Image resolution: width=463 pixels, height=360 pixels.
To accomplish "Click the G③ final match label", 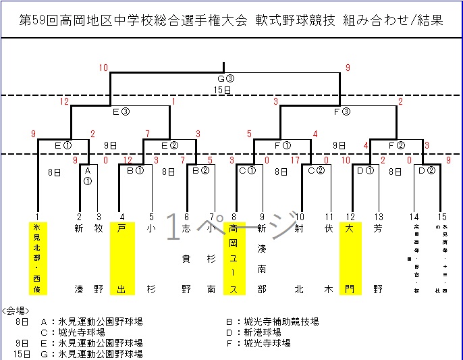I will point(225,78).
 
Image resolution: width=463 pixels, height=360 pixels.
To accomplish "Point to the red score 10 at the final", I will point(103,68).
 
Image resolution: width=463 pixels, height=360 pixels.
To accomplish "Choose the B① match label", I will point(136,171).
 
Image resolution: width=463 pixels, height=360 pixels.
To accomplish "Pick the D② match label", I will point(426,171).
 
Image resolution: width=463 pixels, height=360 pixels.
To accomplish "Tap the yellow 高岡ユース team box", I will point(234,259).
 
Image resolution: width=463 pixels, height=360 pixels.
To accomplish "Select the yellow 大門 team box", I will point(350,259).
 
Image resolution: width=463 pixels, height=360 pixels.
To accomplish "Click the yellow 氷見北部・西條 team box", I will point(38,259).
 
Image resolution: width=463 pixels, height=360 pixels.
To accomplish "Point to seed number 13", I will point(379,217).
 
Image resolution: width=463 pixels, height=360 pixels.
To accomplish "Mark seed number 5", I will point(151,217).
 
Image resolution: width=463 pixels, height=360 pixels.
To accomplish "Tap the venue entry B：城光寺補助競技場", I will point(272,322).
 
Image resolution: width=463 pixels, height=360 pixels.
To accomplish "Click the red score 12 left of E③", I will point(65,101).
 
